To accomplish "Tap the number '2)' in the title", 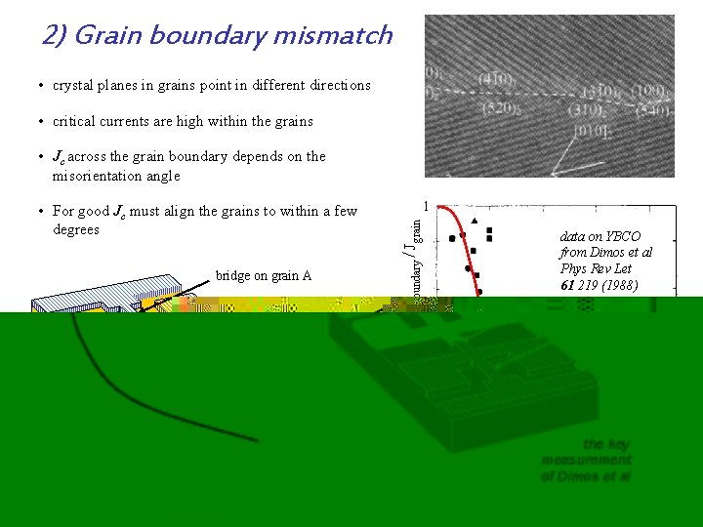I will [54, 36].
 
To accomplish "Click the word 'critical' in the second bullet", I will [76, 121].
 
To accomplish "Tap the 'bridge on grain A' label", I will [264, 275].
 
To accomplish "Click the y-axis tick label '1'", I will [427, 207].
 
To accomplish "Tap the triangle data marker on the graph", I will [475, 222].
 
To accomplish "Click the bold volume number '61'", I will [567, 285].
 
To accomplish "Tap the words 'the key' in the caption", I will [605, 444].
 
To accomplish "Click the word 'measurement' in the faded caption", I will [587, 460].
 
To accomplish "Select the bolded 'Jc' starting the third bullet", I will [60, 157].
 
